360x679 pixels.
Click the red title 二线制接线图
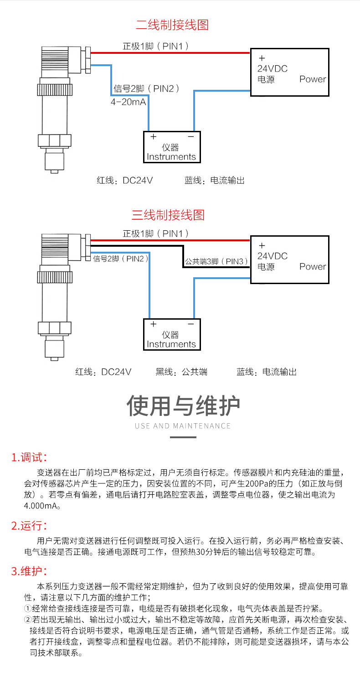click(x=172, y=25)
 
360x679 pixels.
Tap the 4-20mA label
click(x=129, y=102)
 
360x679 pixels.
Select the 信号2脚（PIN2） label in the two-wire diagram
click(x=146, y=88)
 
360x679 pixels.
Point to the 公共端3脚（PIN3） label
click(x=216, y=261)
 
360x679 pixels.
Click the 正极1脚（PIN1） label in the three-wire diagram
click(x=155, y=234)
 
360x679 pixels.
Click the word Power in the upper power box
click(x=313, y=79)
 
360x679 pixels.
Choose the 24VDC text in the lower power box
click(x=273, y=256)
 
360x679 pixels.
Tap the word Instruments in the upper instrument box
click(x=171, y=156)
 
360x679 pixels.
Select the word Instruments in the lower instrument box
click(x=171, y=344)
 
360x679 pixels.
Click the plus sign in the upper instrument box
click(x=153, y=136)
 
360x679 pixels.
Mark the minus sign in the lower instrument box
click(x=191, y=324)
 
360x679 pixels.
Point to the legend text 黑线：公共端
click(x=181, y=372)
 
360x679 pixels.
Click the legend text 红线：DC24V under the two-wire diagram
click(x=124, y=181)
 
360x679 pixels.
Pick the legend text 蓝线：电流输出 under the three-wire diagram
click(x=266, y=372)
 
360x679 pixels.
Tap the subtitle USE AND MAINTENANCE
click(x=183, y=426)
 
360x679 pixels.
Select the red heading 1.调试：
click(x=29, y=457)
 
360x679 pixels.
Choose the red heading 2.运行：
click(x=29, y=526)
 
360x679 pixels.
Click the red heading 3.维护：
click(x=29, y=571)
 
